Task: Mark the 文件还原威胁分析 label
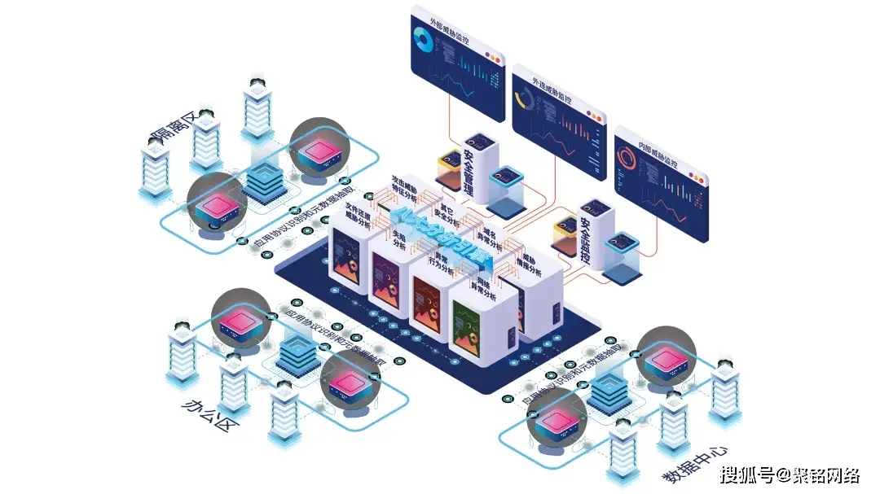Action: [359, 215]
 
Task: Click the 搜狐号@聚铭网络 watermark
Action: [790, 474]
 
